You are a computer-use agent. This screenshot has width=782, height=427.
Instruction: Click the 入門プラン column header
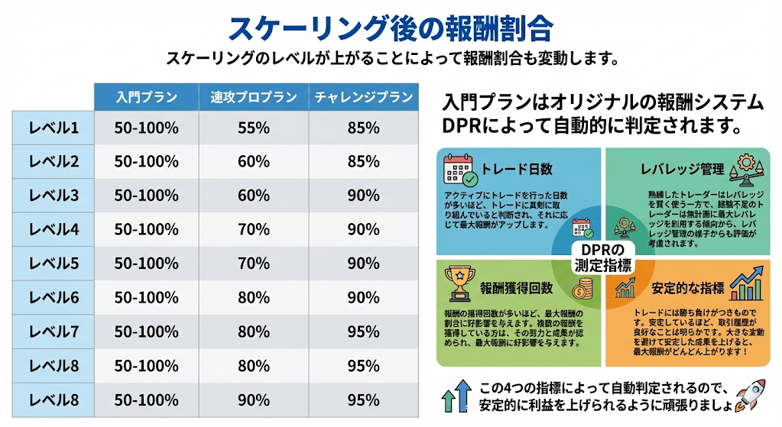click(147, 97)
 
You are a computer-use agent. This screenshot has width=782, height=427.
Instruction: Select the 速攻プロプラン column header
click(254, 97)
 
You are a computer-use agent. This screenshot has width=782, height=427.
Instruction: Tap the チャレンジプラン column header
click(363, 97)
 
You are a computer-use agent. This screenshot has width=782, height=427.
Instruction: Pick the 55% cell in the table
click(254, 128)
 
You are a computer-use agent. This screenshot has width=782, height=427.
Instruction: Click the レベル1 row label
click(54, 128)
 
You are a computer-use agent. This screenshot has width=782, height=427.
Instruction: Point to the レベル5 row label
click(54, 264)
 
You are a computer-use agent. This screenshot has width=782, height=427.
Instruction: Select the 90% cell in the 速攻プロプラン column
click(254, 400)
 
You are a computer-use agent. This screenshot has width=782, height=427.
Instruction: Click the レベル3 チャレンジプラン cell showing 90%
click(363, 196)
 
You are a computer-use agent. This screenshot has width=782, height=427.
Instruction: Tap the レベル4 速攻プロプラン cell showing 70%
click(254, 229)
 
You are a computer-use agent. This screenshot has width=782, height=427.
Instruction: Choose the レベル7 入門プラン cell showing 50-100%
click(147, 332)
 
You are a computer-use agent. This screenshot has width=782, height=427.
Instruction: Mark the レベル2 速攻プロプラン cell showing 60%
click(254, 161)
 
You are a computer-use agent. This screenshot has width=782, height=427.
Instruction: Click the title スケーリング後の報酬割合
click(391, 28)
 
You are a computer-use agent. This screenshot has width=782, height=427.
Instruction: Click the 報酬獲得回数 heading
click(516, 288)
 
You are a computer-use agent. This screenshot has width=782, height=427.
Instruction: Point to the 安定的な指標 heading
click(687, 288)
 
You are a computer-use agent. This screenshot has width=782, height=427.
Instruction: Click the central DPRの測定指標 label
click(603, 259)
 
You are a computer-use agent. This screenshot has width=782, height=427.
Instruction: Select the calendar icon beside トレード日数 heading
click(461, 170)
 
